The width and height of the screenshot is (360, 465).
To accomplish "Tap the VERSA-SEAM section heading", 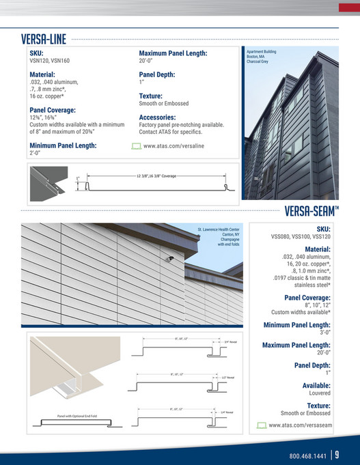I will [x=311, y=209].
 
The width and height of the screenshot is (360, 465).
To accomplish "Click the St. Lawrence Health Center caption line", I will [x=219, y=229].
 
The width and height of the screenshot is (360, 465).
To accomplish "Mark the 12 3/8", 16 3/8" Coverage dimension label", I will [x=157, y=176].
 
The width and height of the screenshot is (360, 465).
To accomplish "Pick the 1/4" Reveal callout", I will [x=227, y=412].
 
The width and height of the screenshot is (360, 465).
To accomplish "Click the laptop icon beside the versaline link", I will [x=136, y=146].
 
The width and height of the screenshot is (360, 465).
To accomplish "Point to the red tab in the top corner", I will [x=349, y=8].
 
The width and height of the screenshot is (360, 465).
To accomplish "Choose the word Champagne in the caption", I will [x=227, y=241].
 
